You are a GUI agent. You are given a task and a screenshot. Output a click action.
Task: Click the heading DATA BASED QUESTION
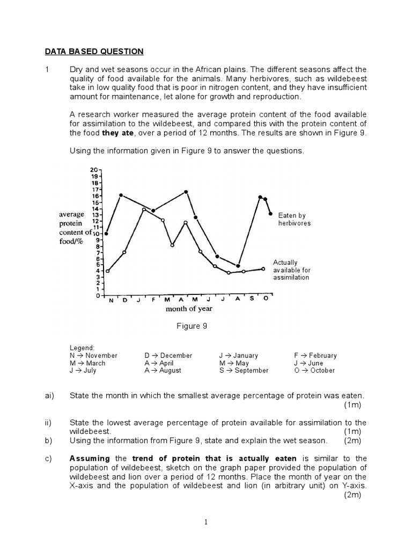(x=93, y=52)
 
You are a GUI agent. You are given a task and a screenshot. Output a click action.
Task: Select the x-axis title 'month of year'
(x=189, y=308)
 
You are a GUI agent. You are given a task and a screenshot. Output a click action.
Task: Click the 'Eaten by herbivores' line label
(x=294, y=219)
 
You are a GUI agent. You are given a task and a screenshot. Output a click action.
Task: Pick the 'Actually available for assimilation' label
(x=291, y=270)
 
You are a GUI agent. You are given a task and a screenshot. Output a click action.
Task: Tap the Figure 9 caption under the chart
(x=192, y=326)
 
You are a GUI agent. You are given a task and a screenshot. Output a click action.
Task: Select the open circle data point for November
(x=108, y=271)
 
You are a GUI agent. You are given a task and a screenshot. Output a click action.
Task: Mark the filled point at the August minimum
(x=238, y=266)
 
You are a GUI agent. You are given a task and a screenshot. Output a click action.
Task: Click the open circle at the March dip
(x=172, y=245)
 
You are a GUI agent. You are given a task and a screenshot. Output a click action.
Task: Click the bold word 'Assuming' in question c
(x=90, y=458)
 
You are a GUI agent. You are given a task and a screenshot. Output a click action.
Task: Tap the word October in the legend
(x=322, y=370)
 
